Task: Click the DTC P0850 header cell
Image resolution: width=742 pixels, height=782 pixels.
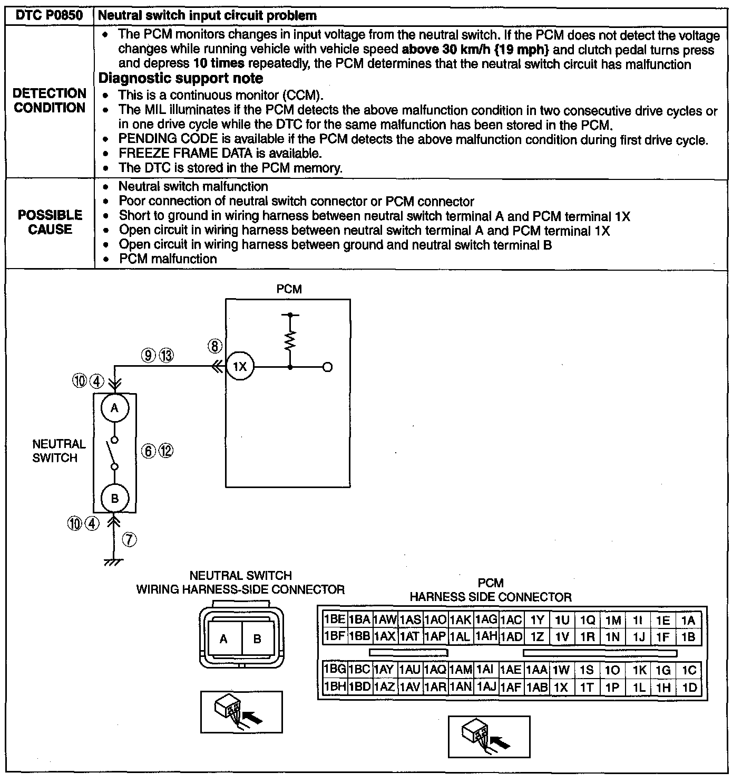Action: (50, 15)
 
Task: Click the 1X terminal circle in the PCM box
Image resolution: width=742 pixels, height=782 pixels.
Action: (240, 367)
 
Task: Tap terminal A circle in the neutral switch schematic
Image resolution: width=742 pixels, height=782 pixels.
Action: (114, 408)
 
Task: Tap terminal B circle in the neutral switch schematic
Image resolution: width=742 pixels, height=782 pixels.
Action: (114, 498)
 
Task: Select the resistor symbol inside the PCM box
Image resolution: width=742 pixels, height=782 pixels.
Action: (290, 340)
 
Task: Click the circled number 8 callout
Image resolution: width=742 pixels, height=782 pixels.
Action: (215, 346)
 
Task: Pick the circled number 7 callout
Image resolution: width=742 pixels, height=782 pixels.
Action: (129, 539)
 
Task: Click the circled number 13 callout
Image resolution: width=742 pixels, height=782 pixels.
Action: (166, 356)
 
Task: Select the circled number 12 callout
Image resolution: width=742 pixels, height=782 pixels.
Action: (166, 451)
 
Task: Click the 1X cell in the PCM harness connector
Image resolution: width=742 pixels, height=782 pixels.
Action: (561, 688)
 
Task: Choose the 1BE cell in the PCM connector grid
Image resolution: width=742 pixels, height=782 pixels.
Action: (334, 619)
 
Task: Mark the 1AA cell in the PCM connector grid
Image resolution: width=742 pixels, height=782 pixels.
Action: (537, 670)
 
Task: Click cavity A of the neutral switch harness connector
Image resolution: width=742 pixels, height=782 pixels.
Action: (224, 639)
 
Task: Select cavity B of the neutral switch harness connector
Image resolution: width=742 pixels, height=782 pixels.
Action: (257, 639)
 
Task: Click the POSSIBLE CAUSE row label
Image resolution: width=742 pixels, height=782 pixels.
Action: (50, 222)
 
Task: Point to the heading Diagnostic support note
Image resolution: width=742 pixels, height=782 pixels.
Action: (181, 79)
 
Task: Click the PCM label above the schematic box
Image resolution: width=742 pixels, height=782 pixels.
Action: (289, 289)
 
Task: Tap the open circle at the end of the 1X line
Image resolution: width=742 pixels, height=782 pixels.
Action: (327, 367)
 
